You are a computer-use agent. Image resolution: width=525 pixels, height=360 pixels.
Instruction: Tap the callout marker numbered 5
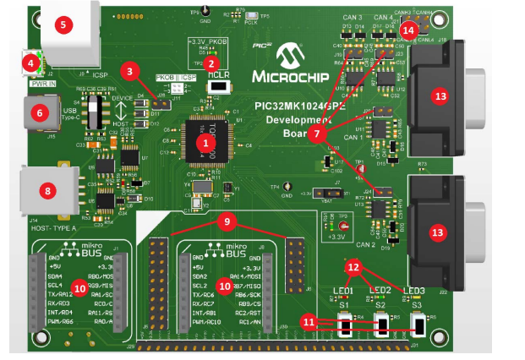63,24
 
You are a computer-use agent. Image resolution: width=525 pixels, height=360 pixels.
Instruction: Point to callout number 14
409,30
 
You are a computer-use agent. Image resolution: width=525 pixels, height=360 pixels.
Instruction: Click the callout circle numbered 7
315,134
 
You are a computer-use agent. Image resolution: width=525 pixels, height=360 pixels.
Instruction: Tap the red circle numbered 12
355,267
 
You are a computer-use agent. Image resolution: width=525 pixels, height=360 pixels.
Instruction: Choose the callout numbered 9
227,221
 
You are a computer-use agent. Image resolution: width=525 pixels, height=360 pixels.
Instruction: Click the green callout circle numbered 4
30,62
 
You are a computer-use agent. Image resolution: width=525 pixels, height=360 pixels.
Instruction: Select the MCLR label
218,74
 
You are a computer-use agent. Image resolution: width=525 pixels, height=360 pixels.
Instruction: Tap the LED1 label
342,291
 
